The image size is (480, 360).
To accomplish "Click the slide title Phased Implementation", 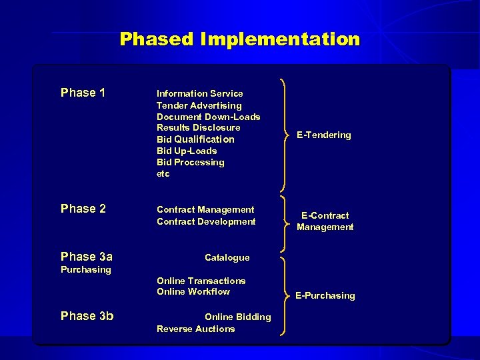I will (239, 39).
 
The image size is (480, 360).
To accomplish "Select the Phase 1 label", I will (83, 93).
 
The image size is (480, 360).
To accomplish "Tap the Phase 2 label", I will (83, 209).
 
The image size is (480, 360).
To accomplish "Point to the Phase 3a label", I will (86, 257).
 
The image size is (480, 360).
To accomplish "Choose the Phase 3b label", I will (87, 316).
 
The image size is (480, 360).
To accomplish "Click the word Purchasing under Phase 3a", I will (85, 270).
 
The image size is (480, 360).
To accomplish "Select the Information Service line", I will (199, 94).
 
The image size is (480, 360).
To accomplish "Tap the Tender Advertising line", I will (199, 105).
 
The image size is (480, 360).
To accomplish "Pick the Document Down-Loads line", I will (208, 117).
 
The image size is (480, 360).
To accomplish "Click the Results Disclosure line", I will (198, 127).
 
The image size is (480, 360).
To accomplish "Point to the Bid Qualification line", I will (195, 139).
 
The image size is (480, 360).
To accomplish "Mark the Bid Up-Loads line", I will (186, 151).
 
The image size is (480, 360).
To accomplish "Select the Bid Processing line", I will (190, 162).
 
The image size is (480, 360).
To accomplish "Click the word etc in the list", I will (163, 173).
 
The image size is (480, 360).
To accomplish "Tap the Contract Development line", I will (205, 221).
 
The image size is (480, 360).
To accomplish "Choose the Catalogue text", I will (227, 257).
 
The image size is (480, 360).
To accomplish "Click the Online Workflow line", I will (193, 291).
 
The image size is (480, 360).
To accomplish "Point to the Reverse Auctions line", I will (195, 329).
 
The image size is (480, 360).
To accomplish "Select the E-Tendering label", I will (323, 135).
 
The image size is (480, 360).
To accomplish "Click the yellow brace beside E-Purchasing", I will (285, 295).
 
